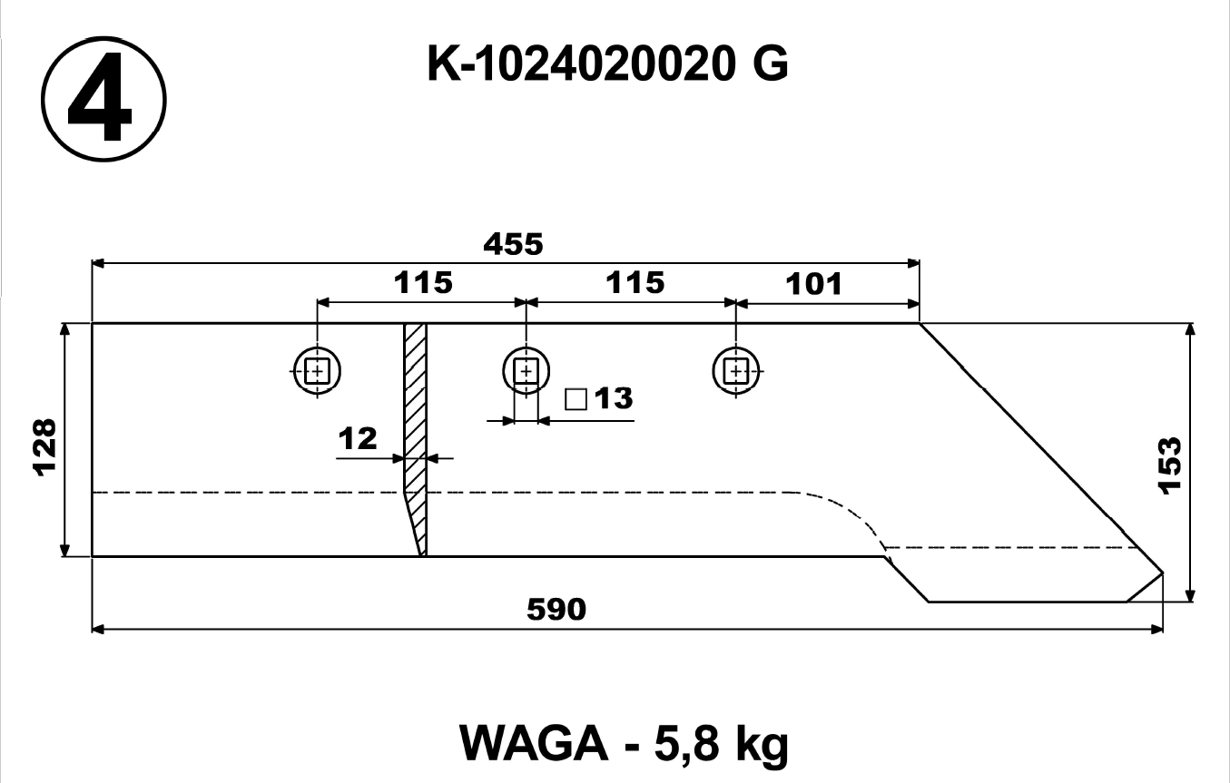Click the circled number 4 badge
coord(103,99)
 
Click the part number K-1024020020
coord(581,64)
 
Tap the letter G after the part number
coord(771,64)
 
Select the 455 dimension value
coord(513,244)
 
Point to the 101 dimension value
coord(813,284)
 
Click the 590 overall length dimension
coord(556,609)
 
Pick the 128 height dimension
coord(45,447)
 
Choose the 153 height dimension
coord(1168,465)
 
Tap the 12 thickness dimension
coord(358,438)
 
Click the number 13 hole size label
coord(614,398)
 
